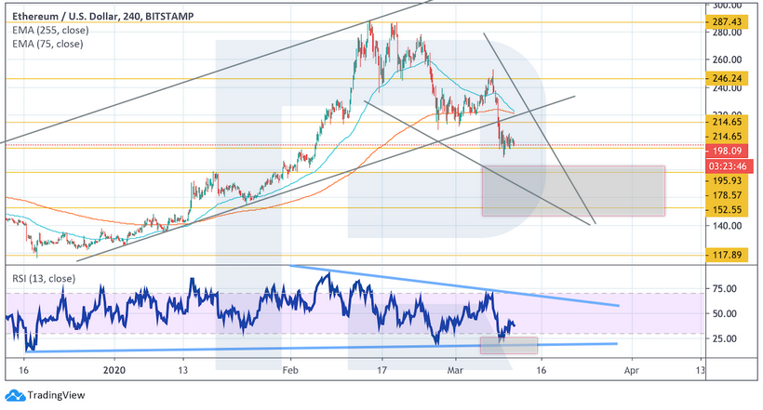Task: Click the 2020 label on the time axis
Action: (x=115, y=368)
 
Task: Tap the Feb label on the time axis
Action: (x=289, y=368)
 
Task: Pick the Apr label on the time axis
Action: (x=632, y=368)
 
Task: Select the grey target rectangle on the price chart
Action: (x=573, y=191)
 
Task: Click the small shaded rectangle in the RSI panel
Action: (x=508, y=345)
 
